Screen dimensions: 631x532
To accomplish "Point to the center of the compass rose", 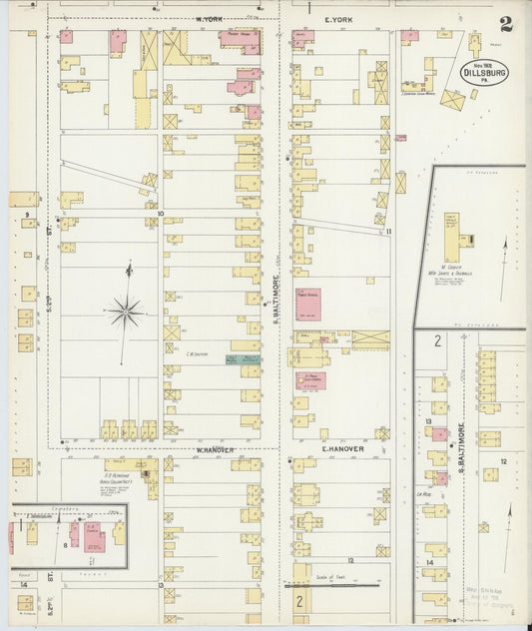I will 126,313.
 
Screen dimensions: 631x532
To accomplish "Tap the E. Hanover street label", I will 341,449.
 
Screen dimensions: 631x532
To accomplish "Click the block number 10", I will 159,213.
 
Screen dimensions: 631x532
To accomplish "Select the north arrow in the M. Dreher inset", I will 504,256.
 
